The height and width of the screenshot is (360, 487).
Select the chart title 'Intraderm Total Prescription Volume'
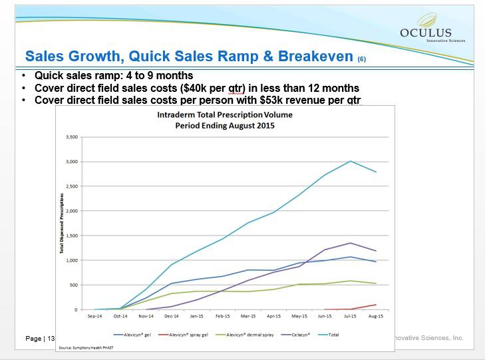[224, 115]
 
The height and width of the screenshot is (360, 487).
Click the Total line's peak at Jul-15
[351, 161]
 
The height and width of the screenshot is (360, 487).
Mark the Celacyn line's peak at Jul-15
[351, 243]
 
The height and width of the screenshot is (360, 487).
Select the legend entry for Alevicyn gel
[133, 334]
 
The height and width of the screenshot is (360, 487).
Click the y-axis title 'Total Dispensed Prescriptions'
[62, 223]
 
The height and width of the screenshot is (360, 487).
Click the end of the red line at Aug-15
[376, 305]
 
